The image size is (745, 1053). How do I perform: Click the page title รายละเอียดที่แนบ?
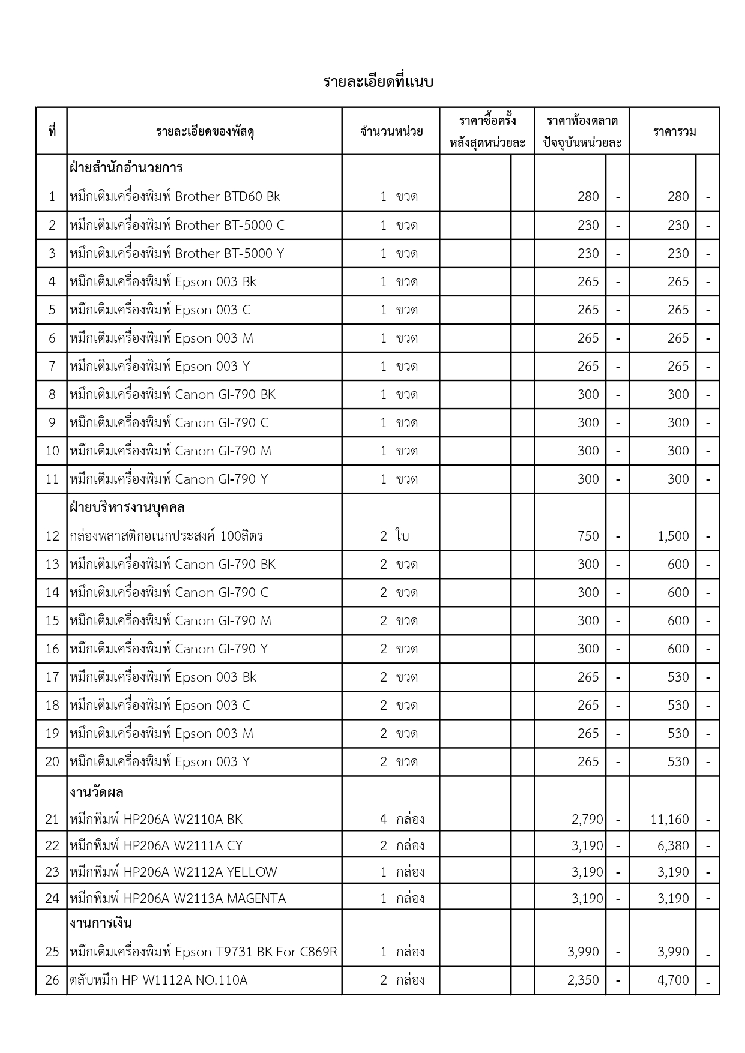(378, 82)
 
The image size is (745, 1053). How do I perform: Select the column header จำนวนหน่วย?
(391, 131)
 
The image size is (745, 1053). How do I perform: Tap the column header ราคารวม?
(674, 131)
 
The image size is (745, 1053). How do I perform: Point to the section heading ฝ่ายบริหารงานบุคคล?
(127, 508)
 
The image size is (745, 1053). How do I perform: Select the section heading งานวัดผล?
(97, 793)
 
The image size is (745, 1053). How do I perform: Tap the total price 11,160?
(669, 820)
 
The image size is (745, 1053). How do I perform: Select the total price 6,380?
(673, 846)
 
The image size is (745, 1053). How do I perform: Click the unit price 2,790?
(587, 820)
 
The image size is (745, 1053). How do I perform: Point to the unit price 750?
(588, 536)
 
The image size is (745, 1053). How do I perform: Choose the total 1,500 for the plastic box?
(673, 536)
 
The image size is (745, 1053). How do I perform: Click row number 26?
(52, 980)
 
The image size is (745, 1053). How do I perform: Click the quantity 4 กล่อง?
(402, 820)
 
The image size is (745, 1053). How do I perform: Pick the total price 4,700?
(673, 980)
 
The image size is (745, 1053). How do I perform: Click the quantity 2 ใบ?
(394, 536)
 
